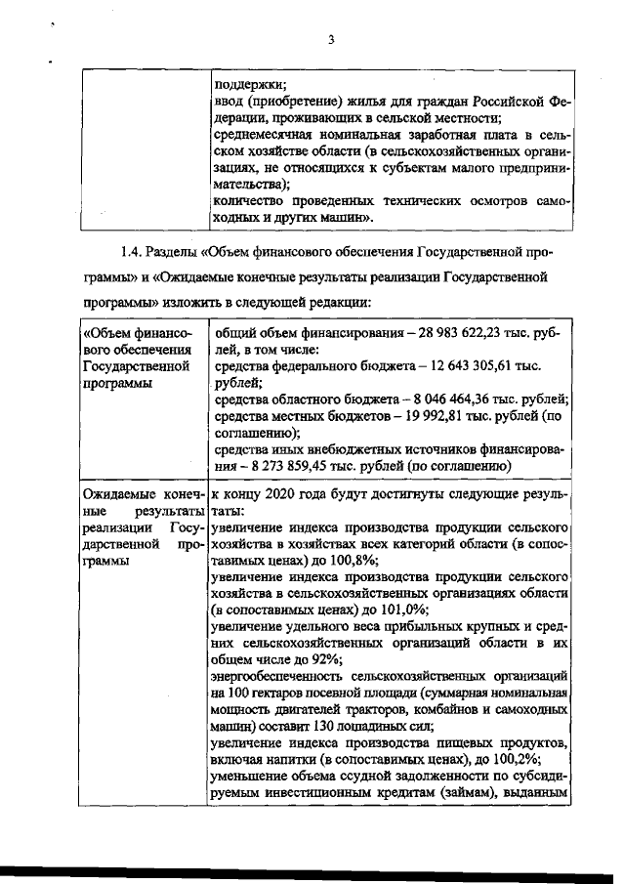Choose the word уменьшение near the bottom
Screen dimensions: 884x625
pos(248,777)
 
